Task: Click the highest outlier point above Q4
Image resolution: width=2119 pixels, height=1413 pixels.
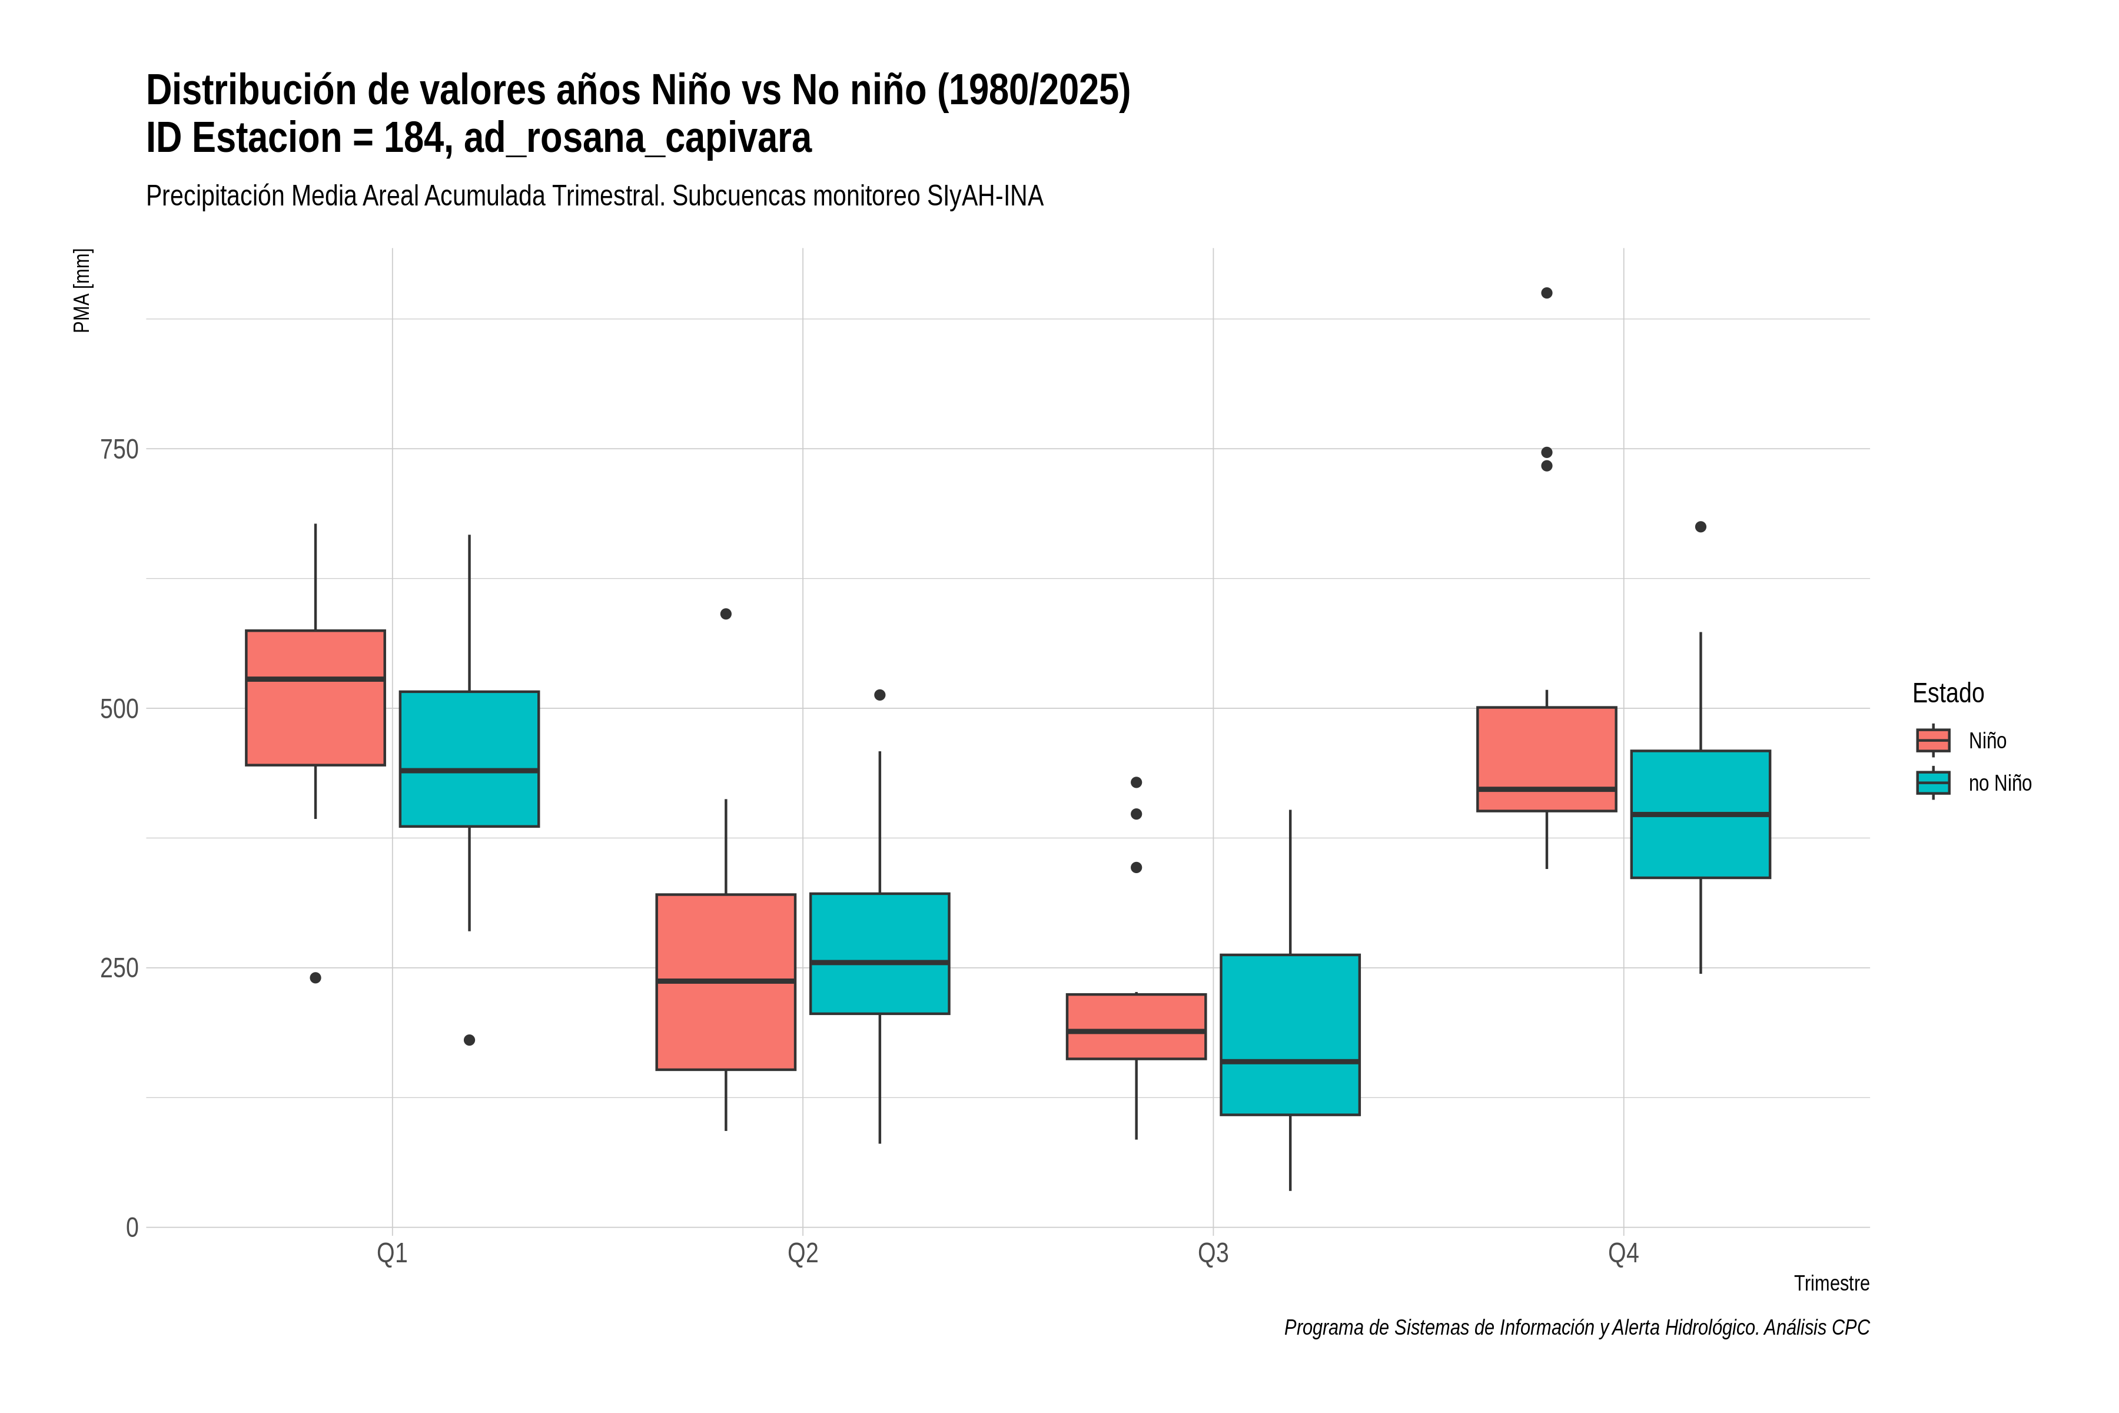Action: pos(1546,293)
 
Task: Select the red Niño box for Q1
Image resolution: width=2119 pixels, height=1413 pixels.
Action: pos(315,698)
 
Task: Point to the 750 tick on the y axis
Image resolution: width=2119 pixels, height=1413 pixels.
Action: pos(119,449)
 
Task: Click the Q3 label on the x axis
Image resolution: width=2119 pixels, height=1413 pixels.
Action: pos(1213,1253)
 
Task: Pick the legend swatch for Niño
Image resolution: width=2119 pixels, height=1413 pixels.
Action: pos(1932,740)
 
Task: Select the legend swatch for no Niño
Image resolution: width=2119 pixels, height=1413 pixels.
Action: pos(1932,782)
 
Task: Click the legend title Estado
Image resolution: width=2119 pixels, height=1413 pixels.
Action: pos(1948,693)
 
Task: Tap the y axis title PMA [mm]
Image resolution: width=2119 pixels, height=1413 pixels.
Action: pos(82,291)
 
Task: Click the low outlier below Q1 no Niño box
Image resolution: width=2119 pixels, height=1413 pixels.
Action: pos(469,1040)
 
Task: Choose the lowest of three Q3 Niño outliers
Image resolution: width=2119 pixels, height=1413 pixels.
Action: pos(1136,867)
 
